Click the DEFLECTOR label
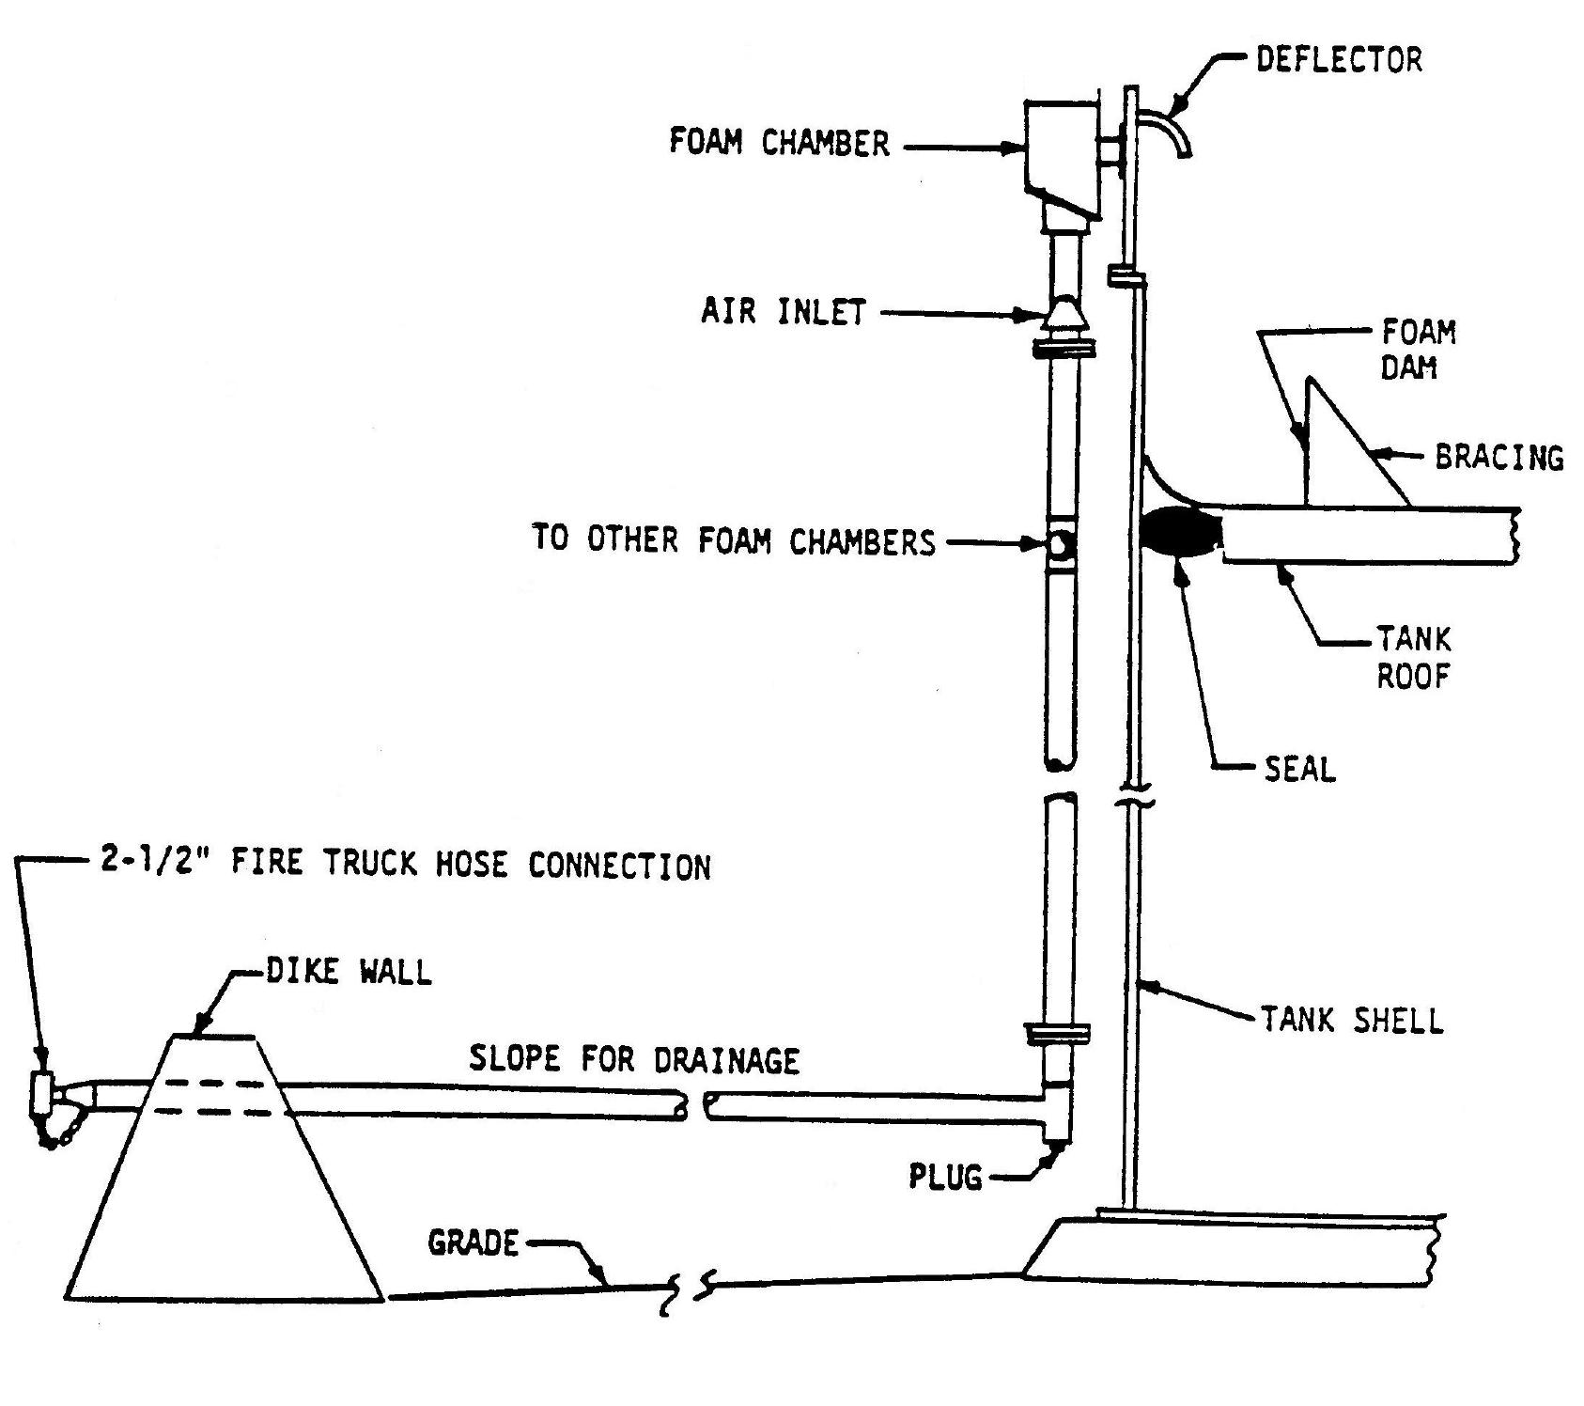[1339, 59]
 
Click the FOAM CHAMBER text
[779, 143]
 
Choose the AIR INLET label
[783, 311]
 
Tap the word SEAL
[1299, 770]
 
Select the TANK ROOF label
[1414, 658]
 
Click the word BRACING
[1499, 458]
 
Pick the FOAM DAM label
[1418, 350]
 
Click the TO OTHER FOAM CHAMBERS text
[734, 540]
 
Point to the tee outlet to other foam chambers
[1061, 544]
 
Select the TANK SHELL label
[1351, 1020]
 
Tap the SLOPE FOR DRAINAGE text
[634, 1060]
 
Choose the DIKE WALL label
[349, 971]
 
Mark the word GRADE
[473, 1242]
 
